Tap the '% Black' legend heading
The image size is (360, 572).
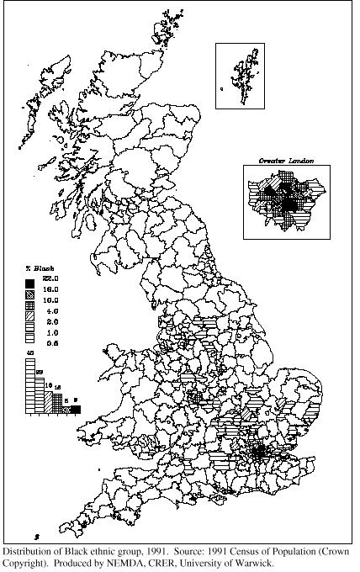[40, 268]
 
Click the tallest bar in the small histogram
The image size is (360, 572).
[29, 386]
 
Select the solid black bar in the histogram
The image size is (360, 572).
[76, 410]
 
